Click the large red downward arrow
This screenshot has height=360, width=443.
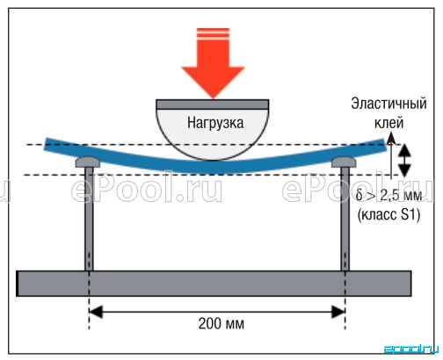[x=213, y=63]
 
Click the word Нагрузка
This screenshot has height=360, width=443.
[x=215, y=123]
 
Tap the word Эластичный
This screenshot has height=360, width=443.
[x=389, y=104]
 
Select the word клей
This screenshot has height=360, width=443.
[x=389, y=123]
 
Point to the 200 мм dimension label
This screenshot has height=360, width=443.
[x=221, y=324]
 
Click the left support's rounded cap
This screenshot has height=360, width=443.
[x=88, y=162]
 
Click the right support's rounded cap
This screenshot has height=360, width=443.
[x=344, y=162]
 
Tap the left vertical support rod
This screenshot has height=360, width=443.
[x=89, y=219]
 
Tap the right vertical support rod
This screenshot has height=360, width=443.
[x=345, y=219]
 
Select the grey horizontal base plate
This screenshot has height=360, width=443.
[x=214, y=284]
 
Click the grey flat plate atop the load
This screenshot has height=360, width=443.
[x=213, y=104]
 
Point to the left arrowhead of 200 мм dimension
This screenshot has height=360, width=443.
[x=96, y=312]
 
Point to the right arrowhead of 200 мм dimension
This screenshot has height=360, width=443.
[x=338, y=312]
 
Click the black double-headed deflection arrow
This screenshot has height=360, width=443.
[x=404, y=161]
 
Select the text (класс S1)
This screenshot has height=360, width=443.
[x=389, y=214]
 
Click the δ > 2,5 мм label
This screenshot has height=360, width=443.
[x=389, y=195]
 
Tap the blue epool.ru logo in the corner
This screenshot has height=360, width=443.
[x=410, y=349]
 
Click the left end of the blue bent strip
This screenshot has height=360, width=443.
[x=47, y=144]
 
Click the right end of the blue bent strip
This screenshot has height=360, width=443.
[x=384, y=145]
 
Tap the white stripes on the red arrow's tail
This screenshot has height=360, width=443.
[x=213, y=33]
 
